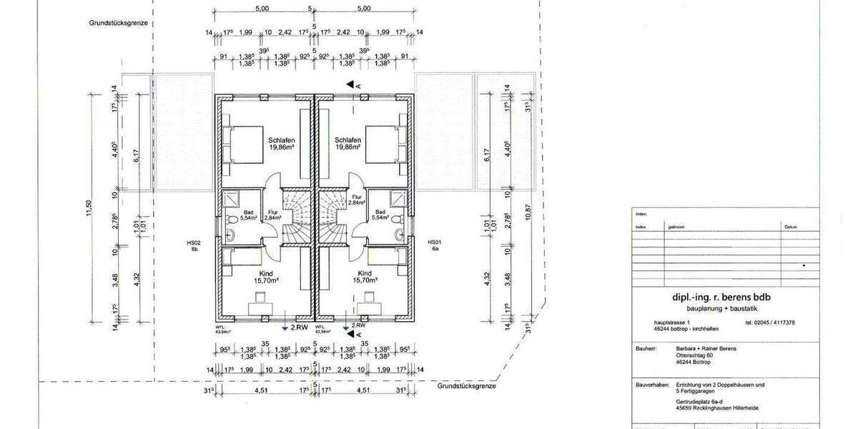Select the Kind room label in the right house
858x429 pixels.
pos(365,274)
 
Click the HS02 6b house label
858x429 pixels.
pos(193,246)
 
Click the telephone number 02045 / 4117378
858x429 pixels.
pos(769,322)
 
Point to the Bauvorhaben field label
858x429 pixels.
pos(650,385)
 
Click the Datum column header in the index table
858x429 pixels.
pos(790,227)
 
